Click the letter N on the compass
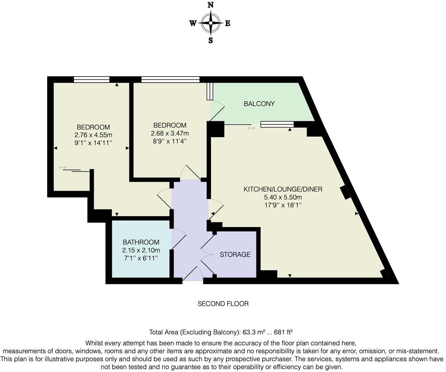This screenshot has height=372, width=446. pos(211,5)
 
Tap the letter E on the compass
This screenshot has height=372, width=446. pos(228,23)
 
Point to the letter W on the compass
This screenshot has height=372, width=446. pos(193,23)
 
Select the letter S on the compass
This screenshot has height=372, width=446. pos(211,40)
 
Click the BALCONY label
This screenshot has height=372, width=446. pos(259,103)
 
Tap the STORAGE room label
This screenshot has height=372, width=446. pos(235,255)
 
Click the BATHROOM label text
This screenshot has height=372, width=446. pos(141,242)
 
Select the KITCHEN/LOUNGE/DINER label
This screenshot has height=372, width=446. pos(283,189)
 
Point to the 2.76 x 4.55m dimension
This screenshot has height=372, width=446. pos(93,135)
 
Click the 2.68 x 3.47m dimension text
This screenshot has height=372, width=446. pos(170,133)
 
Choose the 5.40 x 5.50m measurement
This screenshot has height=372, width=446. pos(283,197)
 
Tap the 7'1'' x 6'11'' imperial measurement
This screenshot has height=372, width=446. pos(141,258)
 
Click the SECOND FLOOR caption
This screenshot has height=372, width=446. pos(223,304)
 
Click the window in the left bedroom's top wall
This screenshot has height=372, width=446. pos(91,79)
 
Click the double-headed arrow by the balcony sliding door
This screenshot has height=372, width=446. pos(252,128)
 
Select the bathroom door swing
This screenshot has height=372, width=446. pos(179,238)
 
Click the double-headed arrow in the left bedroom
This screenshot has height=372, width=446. pos(63,167)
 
